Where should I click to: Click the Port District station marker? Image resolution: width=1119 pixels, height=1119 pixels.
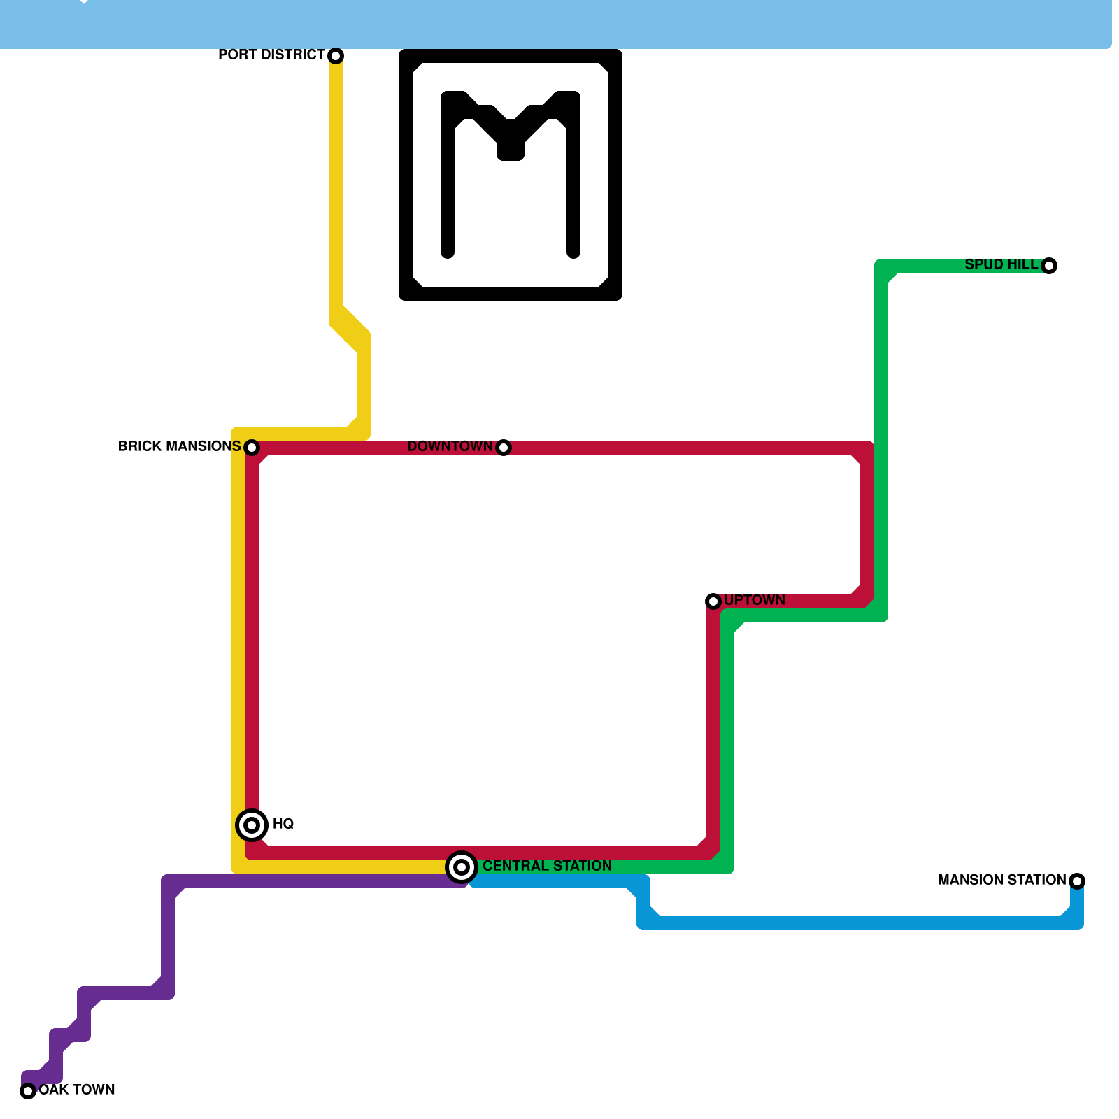336,56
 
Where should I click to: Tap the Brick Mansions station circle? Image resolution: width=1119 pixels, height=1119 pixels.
252,448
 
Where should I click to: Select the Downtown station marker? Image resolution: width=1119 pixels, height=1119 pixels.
504,448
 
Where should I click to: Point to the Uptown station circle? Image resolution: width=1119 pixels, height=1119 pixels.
713,601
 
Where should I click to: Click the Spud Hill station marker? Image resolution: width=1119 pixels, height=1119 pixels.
1049,266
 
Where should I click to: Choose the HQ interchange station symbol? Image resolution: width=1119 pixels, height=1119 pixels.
252,825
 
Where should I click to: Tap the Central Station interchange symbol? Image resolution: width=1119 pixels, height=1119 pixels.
462,867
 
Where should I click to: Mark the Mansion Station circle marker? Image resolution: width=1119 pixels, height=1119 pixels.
1077,881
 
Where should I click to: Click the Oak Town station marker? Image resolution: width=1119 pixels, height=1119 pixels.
28,1091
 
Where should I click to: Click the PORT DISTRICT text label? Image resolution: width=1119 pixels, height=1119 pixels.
271,55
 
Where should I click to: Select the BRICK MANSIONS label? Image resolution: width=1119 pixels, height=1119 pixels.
179,446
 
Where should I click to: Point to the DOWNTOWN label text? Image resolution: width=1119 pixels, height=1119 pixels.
450,446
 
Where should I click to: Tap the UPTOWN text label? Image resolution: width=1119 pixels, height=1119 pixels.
755,600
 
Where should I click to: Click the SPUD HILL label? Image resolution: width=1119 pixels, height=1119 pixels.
1002,264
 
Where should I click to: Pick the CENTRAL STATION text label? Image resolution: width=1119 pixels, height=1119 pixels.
547,866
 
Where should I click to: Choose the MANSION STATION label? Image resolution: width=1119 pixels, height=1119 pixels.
1002,880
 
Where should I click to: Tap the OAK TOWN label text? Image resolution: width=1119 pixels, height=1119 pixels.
77,1090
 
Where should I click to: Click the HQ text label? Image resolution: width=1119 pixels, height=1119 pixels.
283,824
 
